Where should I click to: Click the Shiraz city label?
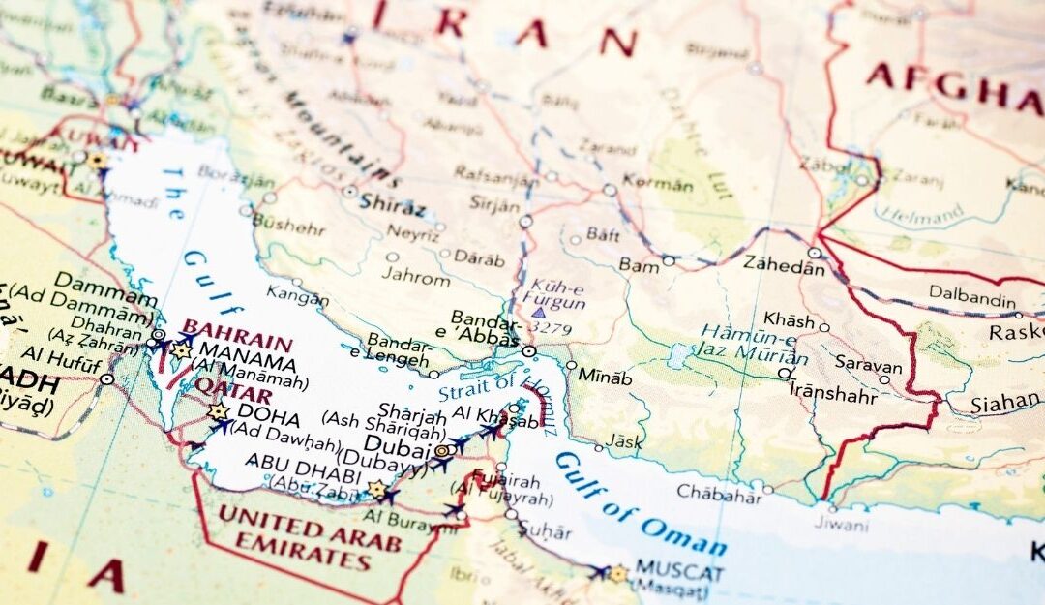[x=392, y=206]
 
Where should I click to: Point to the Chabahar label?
[x=718, y=492]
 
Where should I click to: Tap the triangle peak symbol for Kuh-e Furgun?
[x=538, y=313]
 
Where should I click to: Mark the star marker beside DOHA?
[x=218, y=411]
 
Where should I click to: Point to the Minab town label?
[x=605, y=378]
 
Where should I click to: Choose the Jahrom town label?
[x=415, y=279]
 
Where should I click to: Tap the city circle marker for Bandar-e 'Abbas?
[x=529, y=350]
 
